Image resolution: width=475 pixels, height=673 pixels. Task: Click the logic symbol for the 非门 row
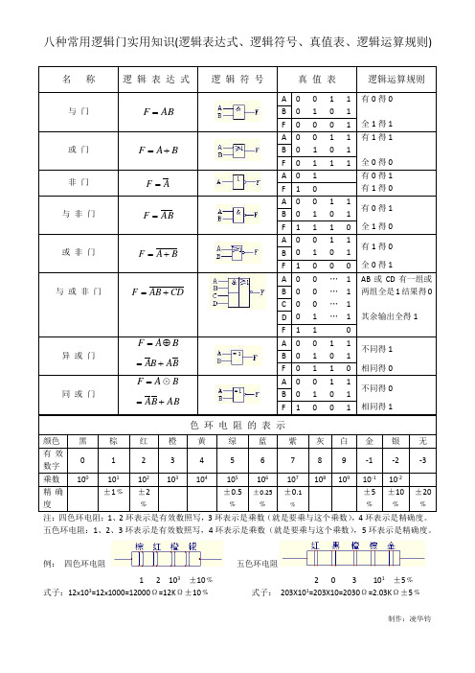tap(237, 182)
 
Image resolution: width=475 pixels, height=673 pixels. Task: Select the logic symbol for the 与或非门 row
tap(237, 290)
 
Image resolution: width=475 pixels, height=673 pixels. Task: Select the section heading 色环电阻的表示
tap(237, 451)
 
